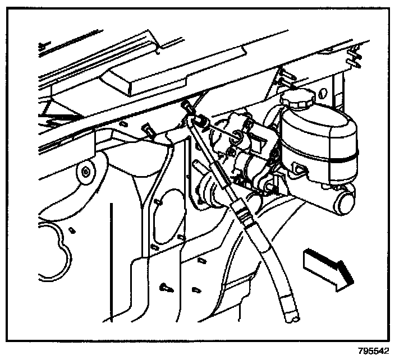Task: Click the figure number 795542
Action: [x=373, y=351]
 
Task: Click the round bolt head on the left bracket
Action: [x=86, y=172]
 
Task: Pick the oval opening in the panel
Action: [x=168, y=216]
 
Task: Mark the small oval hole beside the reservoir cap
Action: [x=323, y=93]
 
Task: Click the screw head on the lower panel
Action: [x=166, y=288]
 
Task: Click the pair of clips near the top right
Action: [x=355, y=56]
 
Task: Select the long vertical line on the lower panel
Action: [x=112, y=262]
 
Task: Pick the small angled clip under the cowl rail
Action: [x=148, y=130]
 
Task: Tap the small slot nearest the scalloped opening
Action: [x=72, y=230]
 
